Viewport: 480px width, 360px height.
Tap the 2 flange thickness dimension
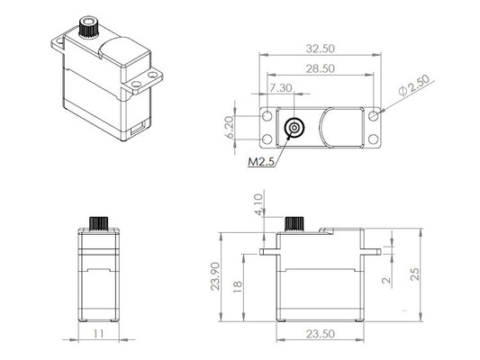385,281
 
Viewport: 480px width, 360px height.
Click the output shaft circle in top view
293,128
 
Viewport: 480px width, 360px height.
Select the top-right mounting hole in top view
374,116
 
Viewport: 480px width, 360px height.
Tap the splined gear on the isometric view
89,27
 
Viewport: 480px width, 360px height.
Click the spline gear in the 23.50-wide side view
293,223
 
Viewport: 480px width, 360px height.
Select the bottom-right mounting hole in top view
374,139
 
